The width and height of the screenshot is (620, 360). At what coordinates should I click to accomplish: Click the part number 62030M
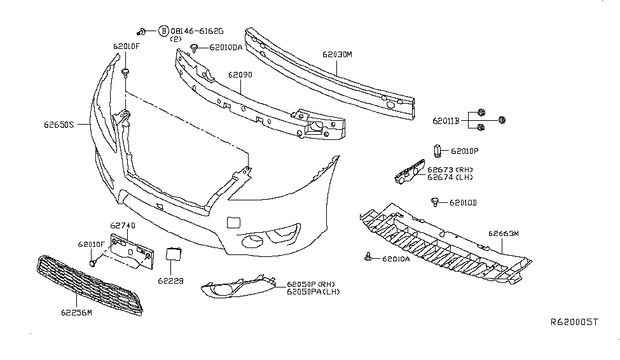pos(336,55)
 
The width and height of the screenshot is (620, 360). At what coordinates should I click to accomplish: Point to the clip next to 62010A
pos(369,258)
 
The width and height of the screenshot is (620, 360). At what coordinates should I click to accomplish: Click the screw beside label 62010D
pos(435,202)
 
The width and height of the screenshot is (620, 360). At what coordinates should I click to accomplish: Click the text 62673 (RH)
pos(450,170)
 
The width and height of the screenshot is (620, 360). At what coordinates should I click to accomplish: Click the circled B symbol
pos(163,31)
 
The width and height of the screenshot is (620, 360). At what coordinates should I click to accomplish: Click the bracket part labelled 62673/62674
pos(409,172)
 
